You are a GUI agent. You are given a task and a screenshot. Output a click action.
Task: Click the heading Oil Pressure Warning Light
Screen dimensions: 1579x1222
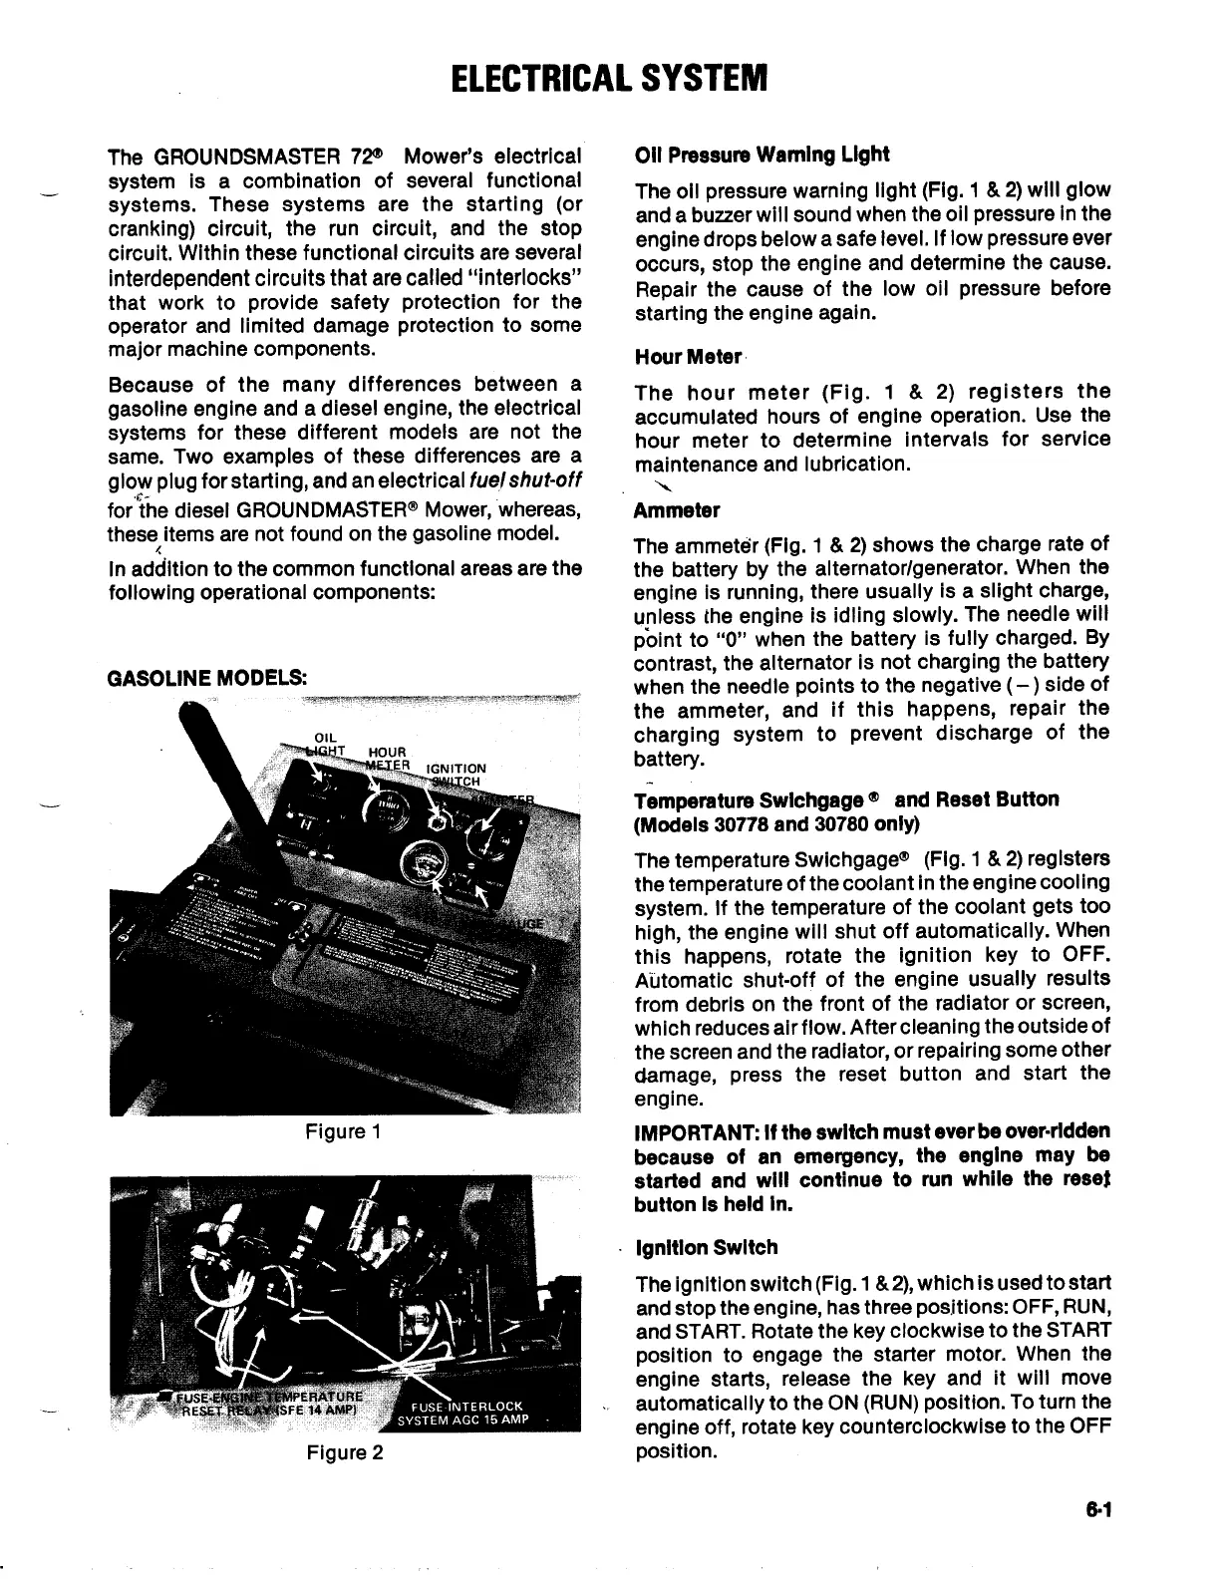tap(762, 155)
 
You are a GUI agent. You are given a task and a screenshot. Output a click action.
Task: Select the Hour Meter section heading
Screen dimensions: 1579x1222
tap(689, 357)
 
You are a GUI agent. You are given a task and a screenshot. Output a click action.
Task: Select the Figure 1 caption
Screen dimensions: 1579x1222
tap(343, 1131)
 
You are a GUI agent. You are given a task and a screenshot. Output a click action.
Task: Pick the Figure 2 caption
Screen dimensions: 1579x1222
tap(344, 1452)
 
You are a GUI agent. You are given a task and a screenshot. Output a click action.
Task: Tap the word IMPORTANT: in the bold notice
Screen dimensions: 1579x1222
tap(693, 1132)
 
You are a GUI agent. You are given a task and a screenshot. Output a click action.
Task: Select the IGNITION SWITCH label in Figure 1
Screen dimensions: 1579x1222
tap(457, 775)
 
